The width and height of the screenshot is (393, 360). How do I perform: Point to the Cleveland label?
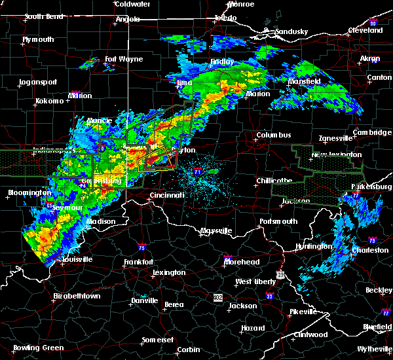pos(365,30)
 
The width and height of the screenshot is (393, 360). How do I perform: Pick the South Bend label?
pos(43,16)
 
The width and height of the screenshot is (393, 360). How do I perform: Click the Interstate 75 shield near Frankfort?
pos(143,248)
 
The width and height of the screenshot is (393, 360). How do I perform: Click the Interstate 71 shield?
pos(198,171)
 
